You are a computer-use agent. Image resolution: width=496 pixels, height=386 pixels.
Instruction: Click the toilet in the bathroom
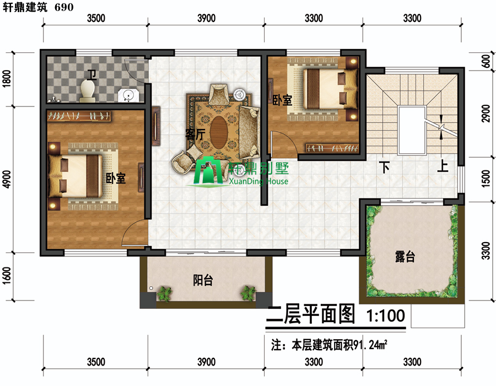tap(88, 91)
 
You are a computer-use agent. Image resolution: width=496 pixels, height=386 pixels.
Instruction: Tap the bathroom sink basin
tap(128, 95)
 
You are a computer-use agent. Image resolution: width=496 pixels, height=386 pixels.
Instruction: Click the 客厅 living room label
tap(195, 135)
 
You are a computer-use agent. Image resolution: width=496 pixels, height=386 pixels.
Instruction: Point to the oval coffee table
tap(218, 132)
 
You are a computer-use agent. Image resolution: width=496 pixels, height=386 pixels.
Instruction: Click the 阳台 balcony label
tap(203, 280)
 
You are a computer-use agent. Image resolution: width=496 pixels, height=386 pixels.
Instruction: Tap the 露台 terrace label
tap(405, 256)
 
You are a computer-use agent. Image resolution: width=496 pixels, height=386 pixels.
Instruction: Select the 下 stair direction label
tap(384, 167)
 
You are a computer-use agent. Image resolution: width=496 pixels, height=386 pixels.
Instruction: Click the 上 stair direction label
tap(443, 166)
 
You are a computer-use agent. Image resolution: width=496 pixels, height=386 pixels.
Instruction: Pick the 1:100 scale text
tap(386, 315)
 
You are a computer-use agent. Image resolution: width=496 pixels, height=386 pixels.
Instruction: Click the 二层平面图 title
tap(311, 314)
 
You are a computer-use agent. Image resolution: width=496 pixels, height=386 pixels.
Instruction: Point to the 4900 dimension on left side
tap(7, 179)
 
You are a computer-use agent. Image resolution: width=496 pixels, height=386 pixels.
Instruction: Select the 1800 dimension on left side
tap(7, 78)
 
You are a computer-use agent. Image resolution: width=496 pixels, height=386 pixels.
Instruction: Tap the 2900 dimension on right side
tap(486, 113)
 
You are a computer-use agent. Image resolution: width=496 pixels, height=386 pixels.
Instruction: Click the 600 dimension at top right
tap(487, 61)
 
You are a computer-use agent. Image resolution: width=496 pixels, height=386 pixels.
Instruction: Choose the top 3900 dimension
tap(207, 18)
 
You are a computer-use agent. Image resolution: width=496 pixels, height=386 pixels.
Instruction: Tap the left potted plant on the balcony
tap(164, 293)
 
